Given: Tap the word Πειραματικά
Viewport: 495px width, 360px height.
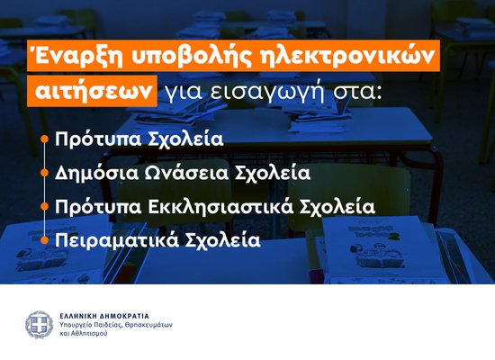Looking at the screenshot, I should tap(109, 240).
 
